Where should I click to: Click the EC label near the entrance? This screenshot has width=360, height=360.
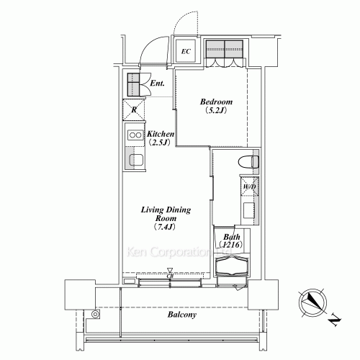186,51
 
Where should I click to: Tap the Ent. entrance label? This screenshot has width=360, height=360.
158,84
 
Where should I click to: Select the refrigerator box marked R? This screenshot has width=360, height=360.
135,109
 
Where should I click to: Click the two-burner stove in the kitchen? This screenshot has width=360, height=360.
134,135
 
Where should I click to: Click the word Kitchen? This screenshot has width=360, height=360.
160,134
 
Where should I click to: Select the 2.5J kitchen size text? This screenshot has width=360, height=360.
158,143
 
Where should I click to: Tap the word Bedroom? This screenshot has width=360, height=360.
214,102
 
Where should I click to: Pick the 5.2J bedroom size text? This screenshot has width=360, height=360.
214,112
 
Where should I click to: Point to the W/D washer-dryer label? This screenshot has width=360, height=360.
249,187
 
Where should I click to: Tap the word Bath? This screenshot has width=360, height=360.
231,236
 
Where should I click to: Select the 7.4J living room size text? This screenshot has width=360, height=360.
165,228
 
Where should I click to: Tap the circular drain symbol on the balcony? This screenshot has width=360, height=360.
95,314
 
